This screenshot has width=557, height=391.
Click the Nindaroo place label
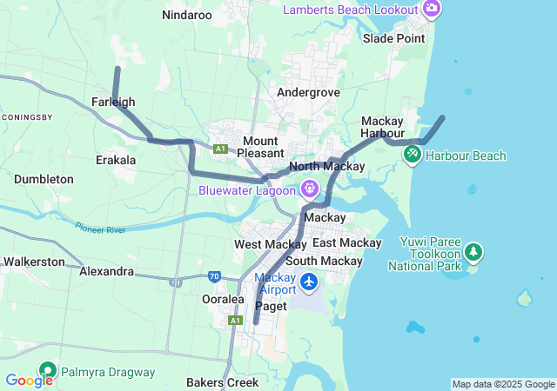click(187, 15)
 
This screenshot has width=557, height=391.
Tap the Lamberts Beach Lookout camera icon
click(431, 9)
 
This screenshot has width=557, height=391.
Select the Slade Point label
click(394, 38)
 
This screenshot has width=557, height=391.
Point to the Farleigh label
click(113, 102)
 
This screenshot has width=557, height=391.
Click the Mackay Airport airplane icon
click(309, 282)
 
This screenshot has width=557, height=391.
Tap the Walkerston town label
click(34, 261)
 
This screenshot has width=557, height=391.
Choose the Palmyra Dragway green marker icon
click(46, 372)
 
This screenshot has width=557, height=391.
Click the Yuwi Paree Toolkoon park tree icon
click(473, 253)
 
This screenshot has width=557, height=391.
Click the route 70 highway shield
click(214, 276)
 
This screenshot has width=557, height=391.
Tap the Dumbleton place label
click(44, 179)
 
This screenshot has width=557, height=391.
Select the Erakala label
click(116, 160)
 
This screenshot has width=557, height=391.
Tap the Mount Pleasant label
click(260, 146)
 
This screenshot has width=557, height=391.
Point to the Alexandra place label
click(106, 271)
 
